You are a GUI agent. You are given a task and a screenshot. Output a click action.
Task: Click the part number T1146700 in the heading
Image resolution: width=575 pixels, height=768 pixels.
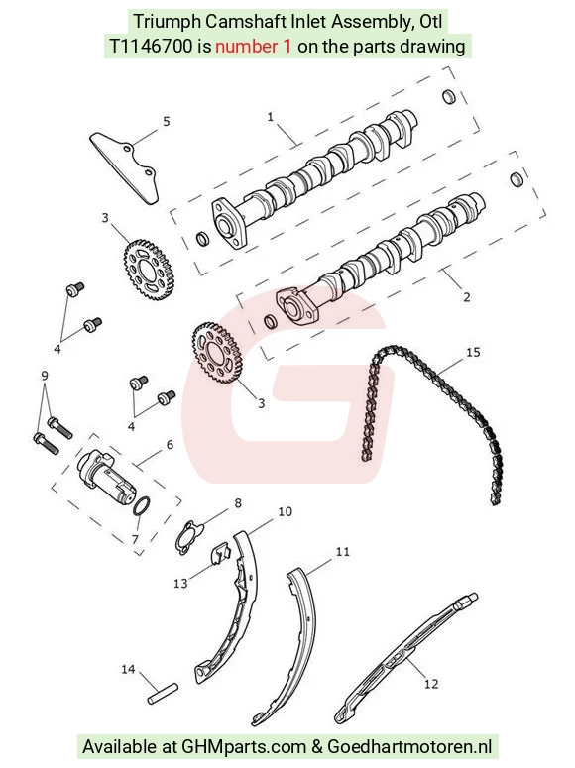click(151, 46)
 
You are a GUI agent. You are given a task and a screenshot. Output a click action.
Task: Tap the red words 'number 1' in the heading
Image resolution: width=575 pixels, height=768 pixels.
click(254, 46)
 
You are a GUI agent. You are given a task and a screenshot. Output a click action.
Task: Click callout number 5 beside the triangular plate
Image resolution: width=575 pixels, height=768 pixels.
click(167, 121)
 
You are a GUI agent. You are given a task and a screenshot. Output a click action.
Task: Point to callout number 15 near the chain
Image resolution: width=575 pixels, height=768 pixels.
click(473, 352)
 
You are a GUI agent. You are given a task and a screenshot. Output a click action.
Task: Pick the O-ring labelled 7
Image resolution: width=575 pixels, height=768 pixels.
click(142, 506)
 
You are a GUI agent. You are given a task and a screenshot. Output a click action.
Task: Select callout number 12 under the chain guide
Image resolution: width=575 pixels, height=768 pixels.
click(431, 684)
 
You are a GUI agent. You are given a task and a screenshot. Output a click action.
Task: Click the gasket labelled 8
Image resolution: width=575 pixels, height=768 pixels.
click(189, 538)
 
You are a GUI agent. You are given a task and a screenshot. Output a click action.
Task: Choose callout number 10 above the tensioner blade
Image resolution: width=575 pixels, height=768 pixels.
click(285, 512)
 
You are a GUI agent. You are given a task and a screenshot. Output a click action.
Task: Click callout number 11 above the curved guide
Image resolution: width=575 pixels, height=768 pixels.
click(343, 552)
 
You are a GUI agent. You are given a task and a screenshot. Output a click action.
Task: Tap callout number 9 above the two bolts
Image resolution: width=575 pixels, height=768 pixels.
click(45, 376)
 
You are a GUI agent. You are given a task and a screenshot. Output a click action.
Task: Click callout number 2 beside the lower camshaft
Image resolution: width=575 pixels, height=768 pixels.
click(466, 297)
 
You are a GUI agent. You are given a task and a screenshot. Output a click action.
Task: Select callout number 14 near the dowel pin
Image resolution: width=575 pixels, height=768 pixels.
click(128, 669)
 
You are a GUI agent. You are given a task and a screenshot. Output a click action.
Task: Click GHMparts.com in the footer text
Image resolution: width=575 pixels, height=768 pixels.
click(243, 746)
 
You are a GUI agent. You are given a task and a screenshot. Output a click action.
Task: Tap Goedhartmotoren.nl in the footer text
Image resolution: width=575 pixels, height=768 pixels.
click(409, 746)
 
